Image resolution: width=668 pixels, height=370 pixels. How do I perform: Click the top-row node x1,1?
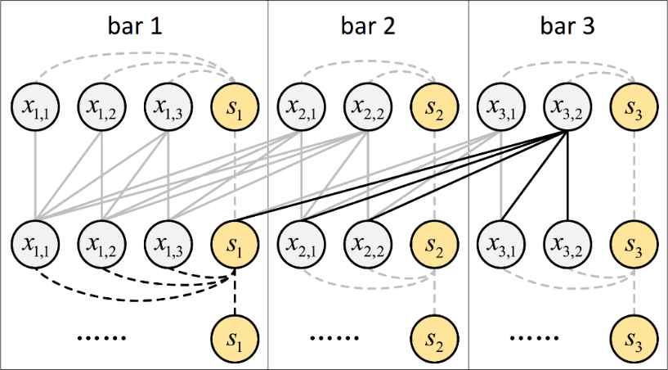(x=34, y=106)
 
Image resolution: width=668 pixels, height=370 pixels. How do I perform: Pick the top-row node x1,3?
(x=168, y=106)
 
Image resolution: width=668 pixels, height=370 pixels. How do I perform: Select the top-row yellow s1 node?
(x=235, y=106)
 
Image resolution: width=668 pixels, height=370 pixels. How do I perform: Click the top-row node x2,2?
(x=368, y=106)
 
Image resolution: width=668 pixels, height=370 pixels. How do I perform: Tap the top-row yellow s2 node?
(x=435, y=106)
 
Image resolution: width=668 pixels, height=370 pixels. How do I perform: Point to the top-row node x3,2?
(x=567, y=106)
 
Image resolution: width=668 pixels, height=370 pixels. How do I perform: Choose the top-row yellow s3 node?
(x=634, y=106)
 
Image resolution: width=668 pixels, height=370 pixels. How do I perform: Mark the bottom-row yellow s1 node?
(x=235, y=336)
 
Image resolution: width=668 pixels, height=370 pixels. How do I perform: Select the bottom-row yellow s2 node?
(x=435, y=336)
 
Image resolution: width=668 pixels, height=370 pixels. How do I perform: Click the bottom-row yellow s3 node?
(x=634, y=336)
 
